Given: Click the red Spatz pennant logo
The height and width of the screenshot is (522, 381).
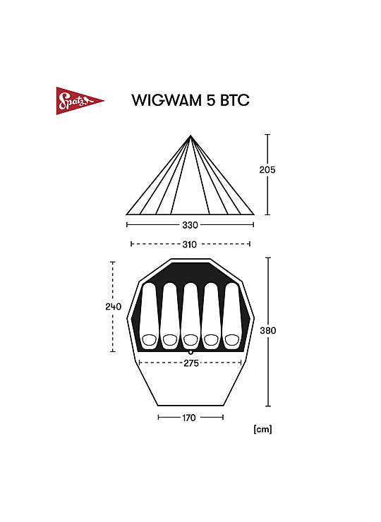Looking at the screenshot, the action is click(80, 101).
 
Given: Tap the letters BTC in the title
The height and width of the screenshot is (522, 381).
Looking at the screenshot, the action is click(234, 100).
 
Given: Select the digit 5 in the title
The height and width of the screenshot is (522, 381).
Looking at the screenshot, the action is click(211, 100).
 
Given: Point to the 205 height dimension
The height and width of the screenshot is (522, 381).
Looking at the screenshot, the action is click(267, 170).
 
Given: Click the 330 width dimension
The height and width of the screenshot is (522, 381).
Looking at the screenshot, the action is click(190, 226).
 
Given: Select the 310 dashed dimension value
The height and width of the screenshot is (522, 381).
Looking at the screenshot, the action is click(190, 245).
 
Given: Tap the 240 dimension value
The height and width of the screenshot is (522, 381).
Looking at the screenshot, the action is click(113, 307).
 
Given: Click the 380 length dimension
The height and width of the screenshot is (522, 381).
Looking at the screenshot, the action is click(268, 331).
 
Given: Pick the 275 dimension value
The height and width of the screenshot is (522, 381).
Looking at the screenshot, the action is click(191, 363).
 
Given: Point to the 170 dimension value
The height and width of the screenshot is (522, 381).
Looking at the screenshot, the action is click(189, 418).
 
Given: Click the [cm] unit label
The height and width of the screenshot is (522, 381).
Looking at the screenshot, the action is click(262, 429).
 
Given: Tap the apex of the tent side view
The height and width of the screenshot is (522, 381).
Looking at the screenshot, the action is click(190, 135).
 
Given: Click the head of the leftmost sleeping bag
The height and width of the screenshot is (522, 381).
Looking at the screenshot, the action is click(149, 340).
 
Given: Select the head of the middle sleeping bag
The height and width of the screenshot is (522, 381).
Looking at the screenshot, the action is click(190, 340).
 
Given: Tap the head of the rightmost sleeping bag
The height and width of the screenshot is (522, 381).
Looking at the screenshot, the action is click(232, 340).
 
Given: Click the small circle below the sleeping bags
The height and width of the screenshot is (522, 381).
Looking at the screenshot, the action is click(190, 352).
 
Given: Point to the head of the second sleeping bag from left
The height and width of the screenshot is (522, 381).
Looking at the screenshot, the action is click(170, 340).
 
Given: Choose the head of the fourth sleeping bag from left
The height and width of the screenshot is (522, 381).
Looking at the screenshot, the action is click(211, 340).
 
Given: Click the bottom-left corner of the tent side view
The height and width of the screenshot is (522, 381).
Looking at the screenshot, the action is click(126, 214).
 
